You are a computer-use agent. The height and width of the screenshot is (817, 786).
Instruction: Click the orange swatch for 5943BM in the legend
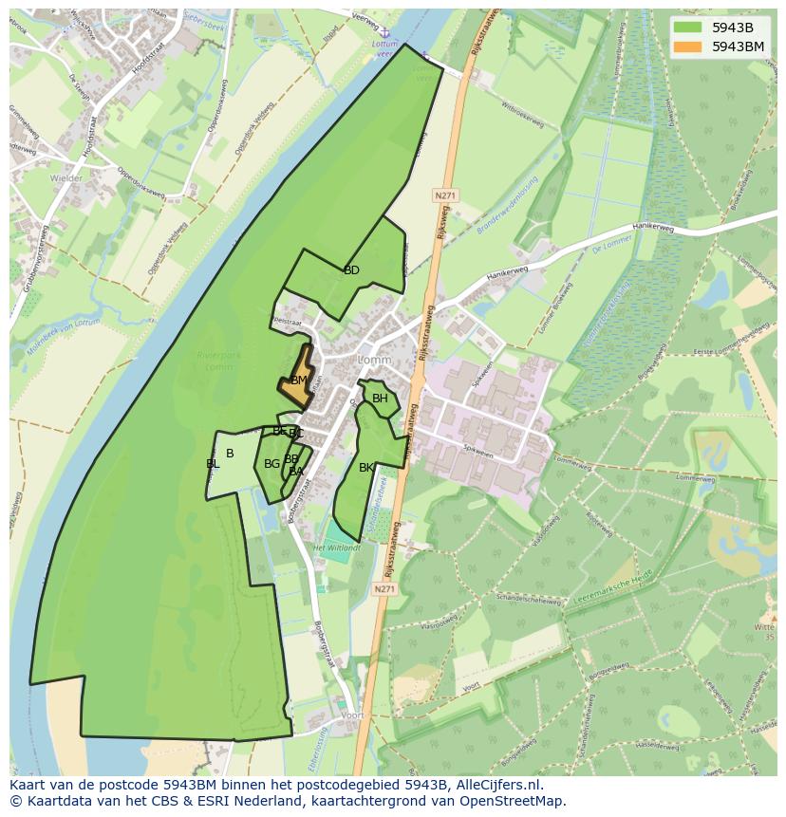[690, 46]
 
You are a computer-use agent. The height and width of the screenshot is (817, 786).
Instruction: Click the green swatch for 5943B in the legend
[690, 27]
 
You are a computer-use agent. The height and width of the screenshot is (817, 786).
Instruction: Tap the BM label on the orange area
[299, 381]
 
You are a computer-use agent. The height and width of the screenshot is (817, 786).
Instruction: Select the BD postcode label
[351, 270]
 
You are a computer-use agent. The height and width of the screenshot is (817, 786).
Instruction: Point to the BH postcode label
[380, 399]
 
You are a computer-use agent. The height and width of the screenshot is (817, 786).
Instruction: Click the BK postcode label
[366, 468]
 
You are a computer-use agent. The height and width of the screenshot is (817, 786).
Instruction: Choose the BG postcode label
[271, 464]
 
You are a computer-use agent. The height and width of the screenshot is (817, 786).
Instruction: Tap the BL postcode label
[213, 464]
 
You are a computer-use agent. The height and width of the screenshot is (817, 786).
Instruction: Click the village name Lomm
[374, 361]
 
